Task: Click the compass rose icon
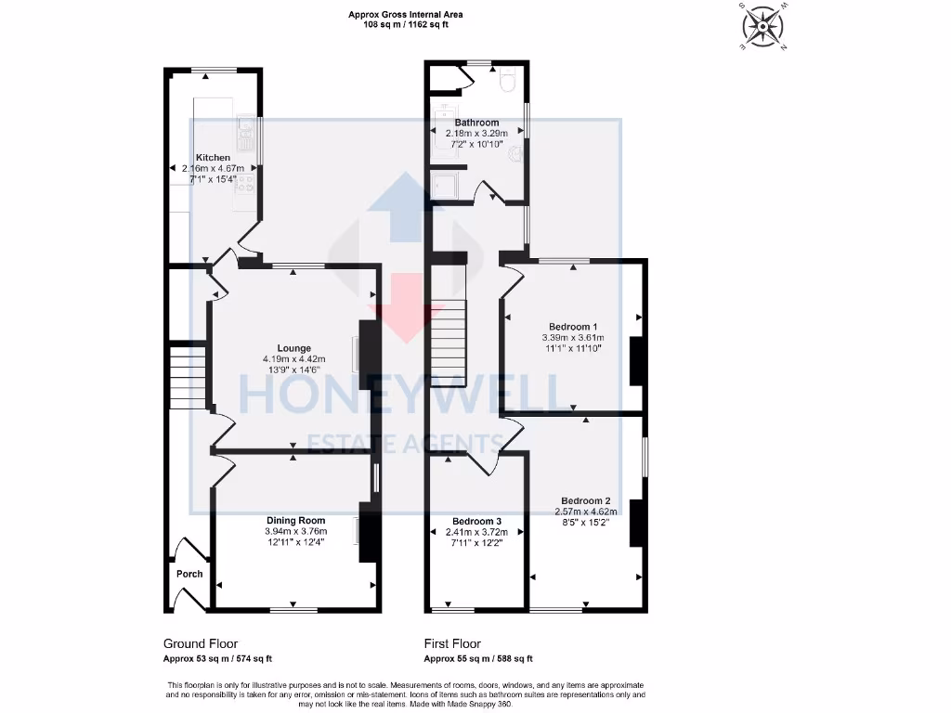click(762, 26)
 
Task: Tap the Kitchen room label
click(213, 158)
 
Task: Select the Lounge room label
click(293, 349)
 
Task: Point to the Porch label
click(189, 574)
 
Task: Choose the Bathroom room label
click(476, 123)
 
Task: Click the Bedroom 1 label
click(573, 327)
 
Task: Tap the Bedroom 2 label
click(586, 500)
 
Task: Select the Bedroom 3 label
click(476, 521)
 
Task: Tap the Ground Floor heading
click(201, 643)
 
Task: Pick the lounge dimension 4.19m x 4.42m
click(293, 359)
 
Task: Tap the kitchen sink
click(245, 136)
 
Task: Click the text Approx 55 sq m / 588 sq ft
click(478, 658)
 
